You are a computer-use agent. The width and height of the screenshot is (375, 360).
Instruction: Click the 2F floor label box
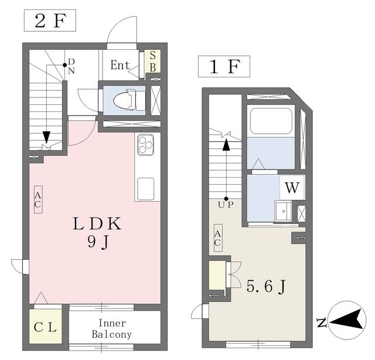pyautogui.click(x=50, y=21)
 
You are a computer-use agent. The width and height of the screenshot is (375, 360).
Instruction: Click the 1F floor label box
pyautogui.click(x=224, y=66)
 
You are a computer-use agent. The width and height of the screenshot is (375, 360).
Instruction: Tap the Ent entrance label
pyautogui.click(x=120, y=65)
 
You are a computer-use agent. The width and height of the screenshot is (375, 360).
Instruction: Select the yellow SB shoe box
pyautogui.click(x=153, y=62)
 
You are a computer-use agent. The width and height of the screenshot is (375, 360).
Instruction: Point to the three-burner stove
pyautogui.click(x=145, y=144)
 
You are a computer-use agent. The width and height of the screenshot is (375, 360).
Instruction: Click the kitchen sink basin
pyautogui.click(x=145, y=189)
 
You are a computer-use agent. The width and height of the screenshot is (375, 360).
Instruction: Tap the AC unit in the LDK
pyautogui.click(x=38, y=199)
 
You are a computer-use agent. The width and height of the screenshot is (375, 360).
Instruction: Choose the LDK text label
pyautogui.click(x=97, y=224)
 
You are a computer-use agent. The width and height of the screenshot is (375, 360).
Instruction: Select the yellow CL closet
pyautogui.click(x=46, y=327)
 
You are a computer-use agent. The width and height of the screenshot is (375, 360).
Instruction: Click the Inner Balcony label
pyautogui.click(x=112, y=329)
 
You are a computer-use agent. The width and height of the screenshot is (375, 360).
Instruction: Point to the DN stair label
pyautogui.click(x=71, y=66)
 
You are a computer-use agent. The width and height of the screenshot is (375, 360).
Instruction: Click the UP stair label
pyautogui.click(x=226, y=205)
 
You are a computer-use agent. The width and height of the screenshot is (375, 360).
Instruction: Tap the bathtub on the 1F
pyautogui.click(x=271, y=121)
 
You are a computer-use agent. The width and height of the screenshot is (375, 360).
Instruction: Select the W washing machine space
pyautogui.click(x=292, y=188)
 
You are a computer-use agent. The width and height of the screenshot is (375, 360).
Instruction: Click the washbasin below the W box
pyautogui.click(x=283, y=211)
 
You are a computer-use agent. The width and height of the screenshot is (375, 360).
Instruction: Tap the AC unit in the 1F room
pyautogui.click(x=218, y=237)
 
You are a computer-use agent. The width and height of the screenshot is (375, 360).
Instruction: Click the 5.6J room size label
pyautogui.click(x=265, y=286)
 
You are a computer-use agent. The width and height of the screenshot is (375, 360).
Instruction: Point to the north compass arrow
pyautogui.click(x=346, y=320)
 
